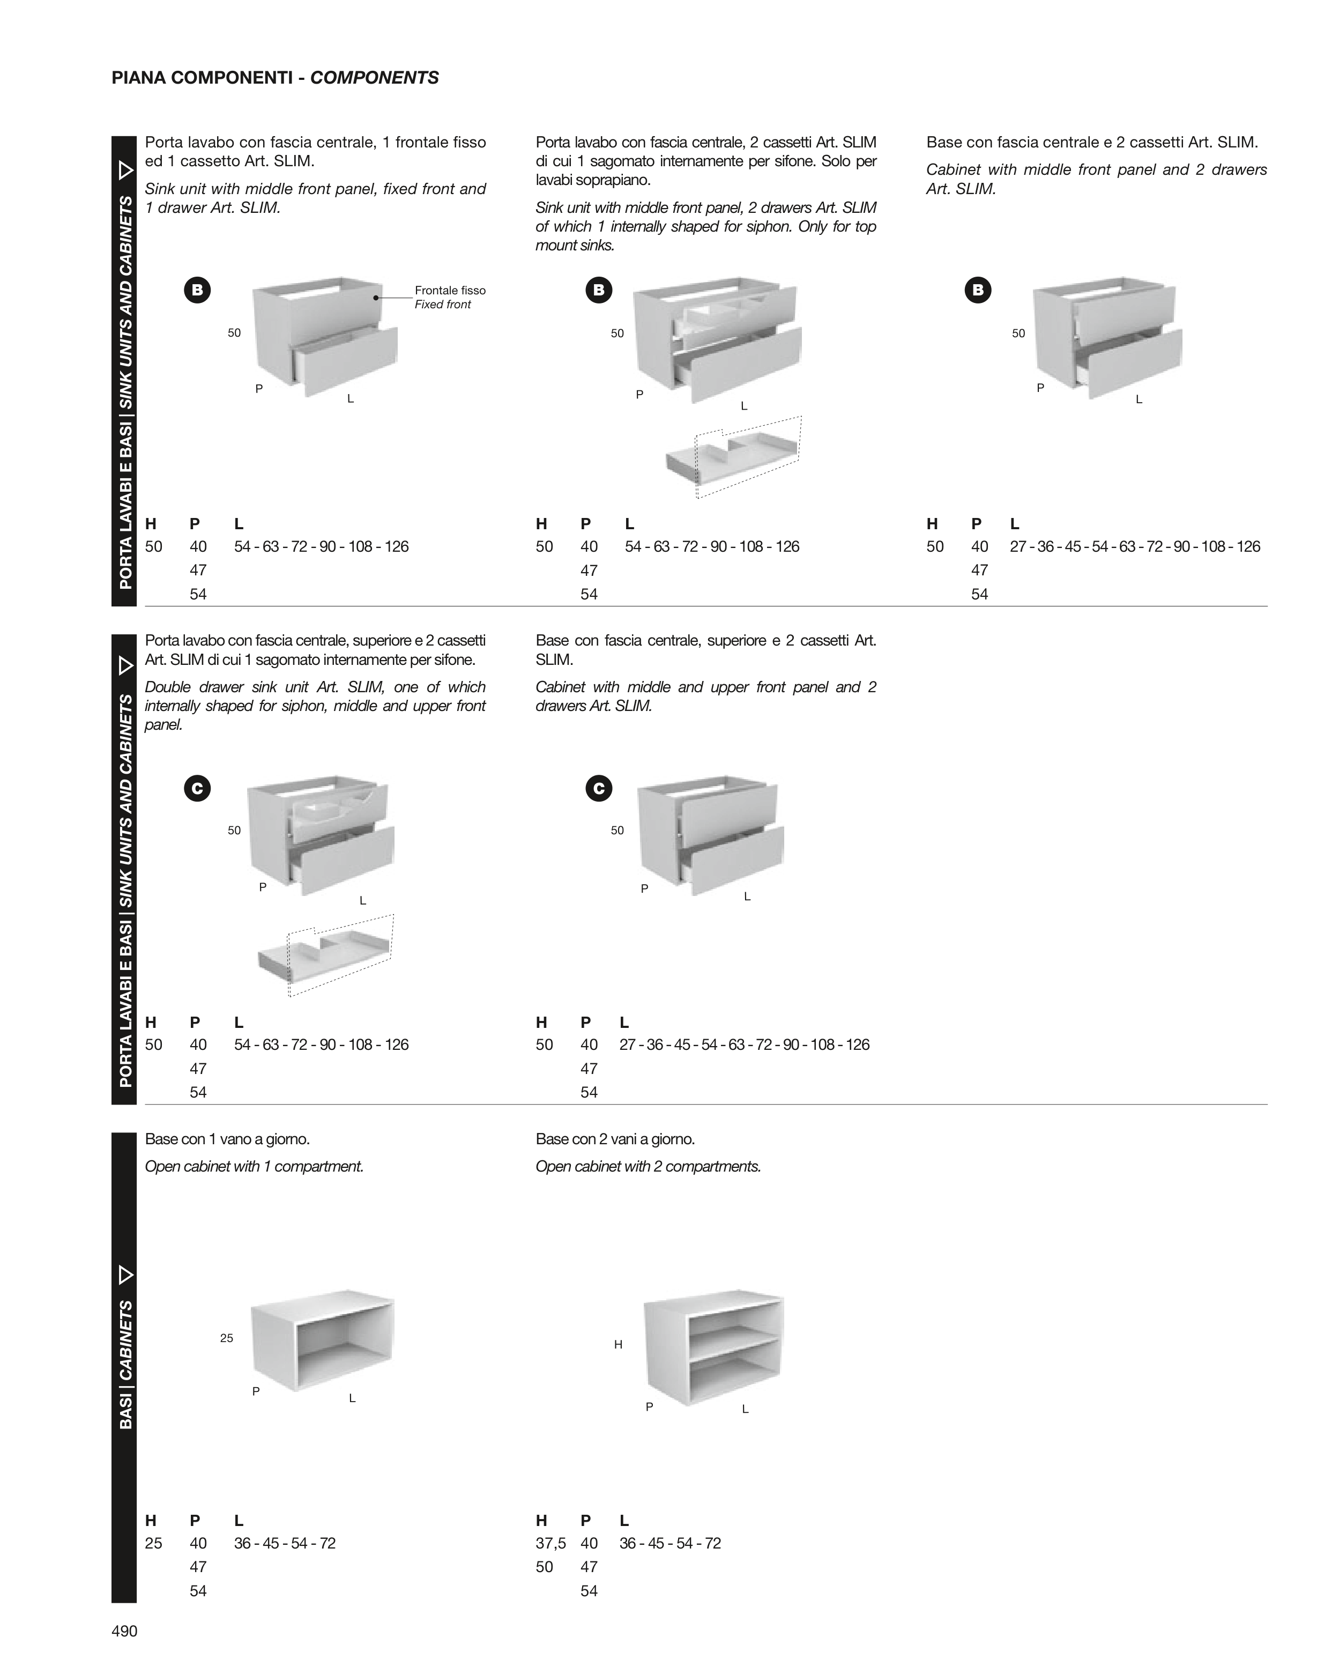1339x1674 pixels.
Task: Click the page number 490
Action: coord(124,1631)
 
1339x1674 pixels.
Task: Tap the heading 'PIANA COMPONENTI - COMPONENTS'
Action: coord(275,78)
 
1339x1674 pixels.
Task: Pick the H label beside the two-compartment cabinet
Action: coord(618,1345)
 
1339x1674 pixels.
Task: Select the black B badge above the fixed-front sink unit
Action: coord(197,290)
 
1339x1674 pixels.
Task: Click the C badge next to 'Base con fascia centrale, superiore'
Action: coord(598,789)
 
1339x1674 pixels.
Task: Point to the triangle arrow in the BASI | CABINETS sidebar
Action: coord(125,1275)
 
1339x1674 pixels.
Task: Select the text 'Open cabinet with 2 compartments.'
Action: coord(648,1167)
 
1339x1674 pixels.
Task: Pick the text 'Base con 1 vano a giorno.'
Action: coord(227,1139)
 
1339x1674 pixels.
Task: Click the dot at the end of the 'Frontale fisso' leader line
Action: coord(376,298)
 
